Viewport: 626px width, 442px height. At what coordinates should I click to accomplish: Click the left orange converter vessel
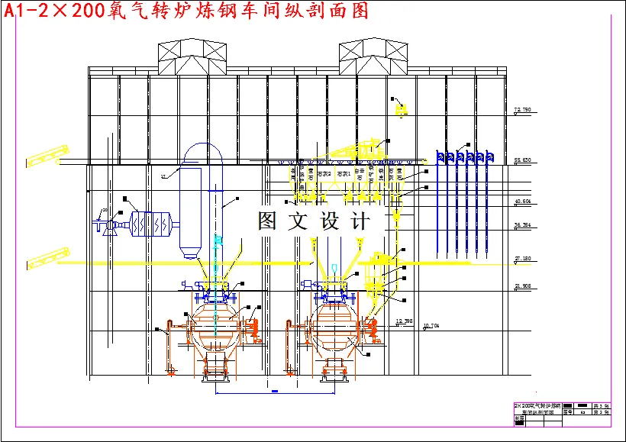coord(216,324)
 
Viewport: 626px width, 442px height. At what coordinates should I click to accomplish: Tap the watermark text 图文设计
coord(313,221)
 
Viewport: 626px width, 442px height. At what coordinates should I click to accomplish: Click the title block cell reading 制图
coord(520,418)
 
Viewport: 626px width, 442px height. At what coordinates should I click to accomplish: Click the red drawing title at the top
coord(187,11)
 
